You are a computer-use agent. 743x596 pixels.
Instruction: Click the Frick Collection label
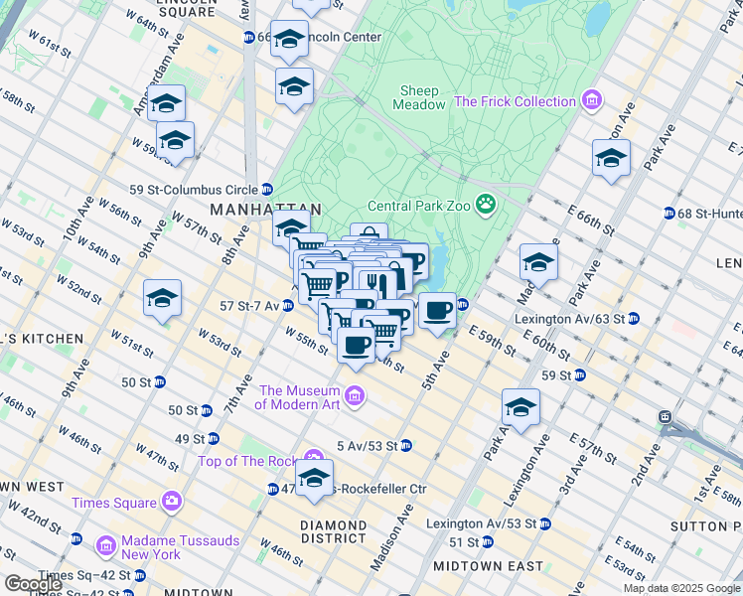coord(515,101)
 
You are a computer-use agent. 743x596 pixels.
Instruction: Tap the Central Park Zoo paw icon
coord(486,206)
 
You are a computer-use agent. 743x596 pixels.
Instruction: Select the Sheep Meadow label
coord(420,97)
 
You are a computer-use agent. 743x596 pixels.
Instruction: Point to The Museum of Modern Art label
coord(299,396)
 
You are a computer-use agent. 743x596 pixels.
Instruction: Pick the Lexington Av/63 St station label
coord(569,319)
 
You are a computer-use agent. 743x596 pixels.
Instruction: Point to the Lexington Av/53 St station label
coord(481,523)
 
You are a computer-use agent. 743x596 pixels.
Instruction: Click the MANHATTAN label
coord(266,210)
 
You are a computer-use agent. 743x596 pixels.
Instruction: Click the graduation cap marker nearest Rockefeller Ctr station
coord(314,479)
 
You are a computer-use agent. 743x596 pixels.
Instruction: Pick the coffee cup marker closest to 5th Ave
coord(437,311)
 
